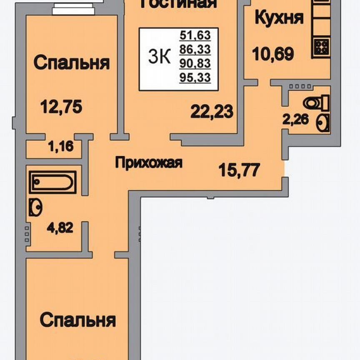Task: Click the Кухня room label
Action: point(279,19)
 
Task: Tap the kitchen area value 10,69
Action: point(273,53)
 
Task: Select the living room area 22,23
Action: point(212,112)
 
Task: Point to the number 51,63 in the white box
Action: point(195,35)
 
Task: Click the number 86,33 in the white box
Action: point(195,50)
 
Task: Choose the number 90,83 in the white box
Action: point(195,63)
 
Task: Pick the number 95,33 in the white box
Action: point(195,77)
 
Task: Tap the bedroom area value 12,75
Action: point(61,107)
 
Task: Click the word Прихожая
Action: point(149,163)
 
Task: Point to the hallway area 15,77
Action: point(240,170)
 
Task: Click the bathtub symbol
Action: point(53,182)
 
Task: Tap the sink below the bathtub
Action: point(36,207)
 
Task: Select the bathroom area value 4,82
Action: point(59,228)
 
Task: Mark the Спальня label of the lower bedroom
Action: point(77,321)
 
